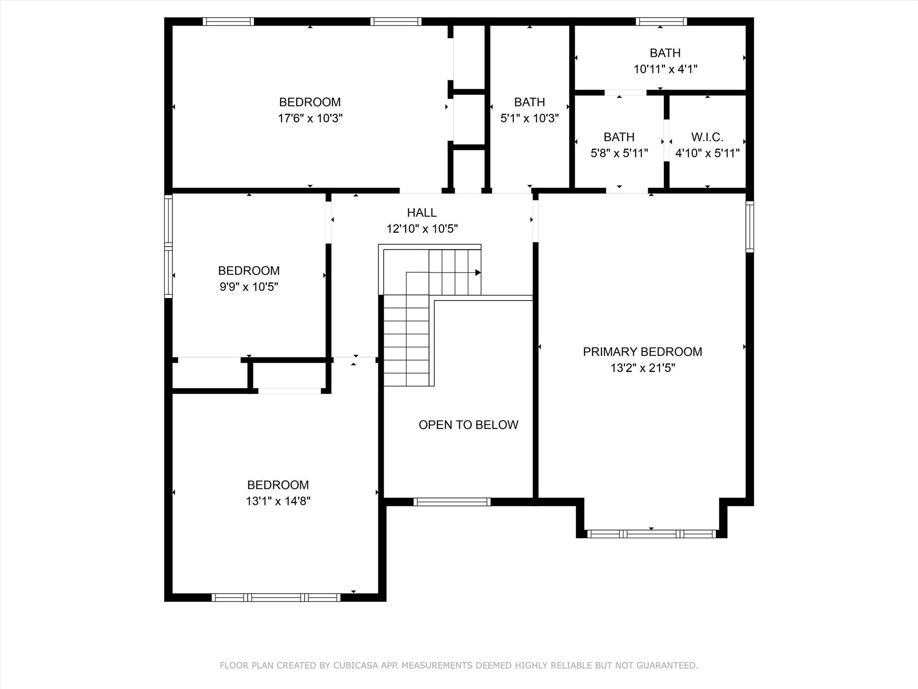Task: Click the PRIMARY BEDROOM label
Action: pyautogui.click(x=642, y=352)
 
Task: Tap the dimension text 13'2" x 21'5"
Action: pyautogui.click(x=642, y=368)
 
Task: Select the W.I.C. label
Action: pyautogui.click(x=707, y=137)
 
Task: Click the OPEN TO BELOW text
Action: pyautogui.click(x=468, y=425)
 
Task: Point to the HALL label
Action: pyautogui.click(x=421, y=213)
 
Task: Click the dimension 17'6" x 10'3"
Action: pyautogui.click(x=310, y=118)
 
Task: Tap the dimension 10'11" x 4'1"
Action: pyautogui.click(x=665, y=70)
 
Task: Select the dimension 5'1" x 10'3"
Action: pyautogui.click(x=529, y=118)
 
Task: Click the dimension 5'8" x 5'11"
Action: pyautogui.click(x=619, y=153)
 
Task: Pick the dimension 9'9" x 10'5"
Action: pyautogui.click(x=249, y=287)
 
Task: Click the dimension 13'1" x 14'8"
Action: pyautogui.click(x=277, y=501)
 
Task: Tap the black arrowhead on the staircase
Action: pyautogui.click(x=478, y=273)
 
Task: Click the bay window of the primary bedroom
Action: pyautogui.click(x=651, y=534)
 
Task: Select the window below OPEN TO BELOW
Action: pyautogui.click(x=452, y=502)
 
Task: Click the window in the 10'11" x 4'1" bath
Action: pyautogui.click(x=661, y=21)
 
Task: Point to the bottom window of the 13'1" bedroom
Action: pyautogui.click(x=276, y=597)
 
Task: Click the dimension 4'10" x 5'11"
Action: pyautogui.click(x=707, y=153)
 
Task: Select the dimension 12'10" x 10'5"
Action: pyautogui.click(x=422, y=229)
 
